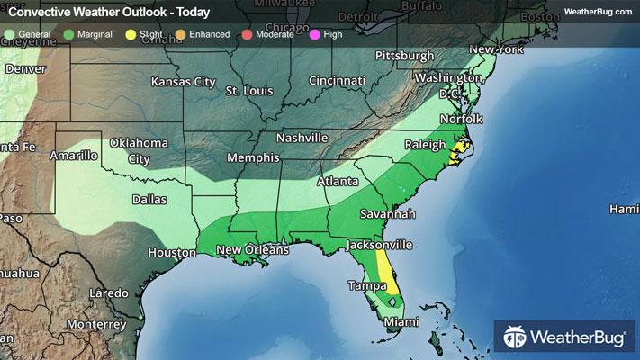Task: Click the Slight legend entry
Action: tap(146, 33)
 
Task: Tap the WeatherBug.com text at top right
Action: tap(598, 12)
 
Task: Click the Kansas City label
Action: tap(184, 83)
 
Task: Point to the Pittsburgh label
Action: tap(404, 56)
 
